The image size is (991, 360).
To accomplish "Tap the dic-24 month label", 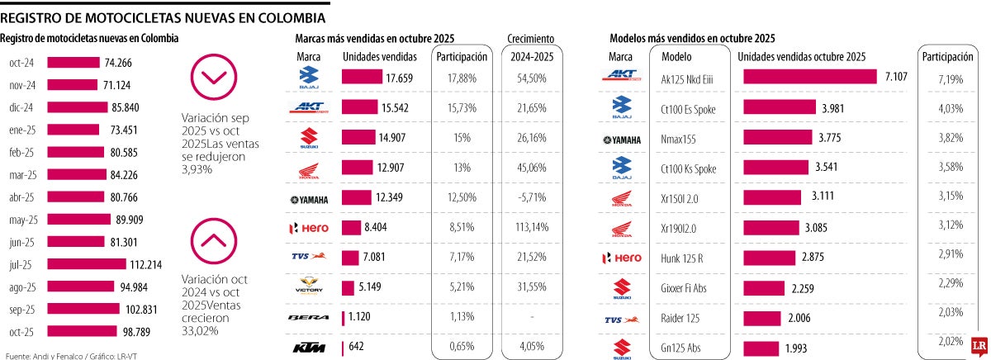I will (x=21, y=107).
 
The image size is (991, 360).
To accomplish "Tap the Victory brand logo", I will (x=308, y=287).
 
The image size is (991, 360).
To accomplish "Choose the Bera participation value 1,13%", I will (x=457, y=316).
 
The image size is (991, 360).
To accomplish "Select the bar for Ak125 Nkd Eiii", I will (x=809, y=77).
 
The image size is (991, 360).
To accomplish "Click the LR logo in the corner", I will (x=979, y=348).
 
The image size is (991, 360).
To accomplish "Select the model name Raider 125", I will (x=681, y=318).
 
